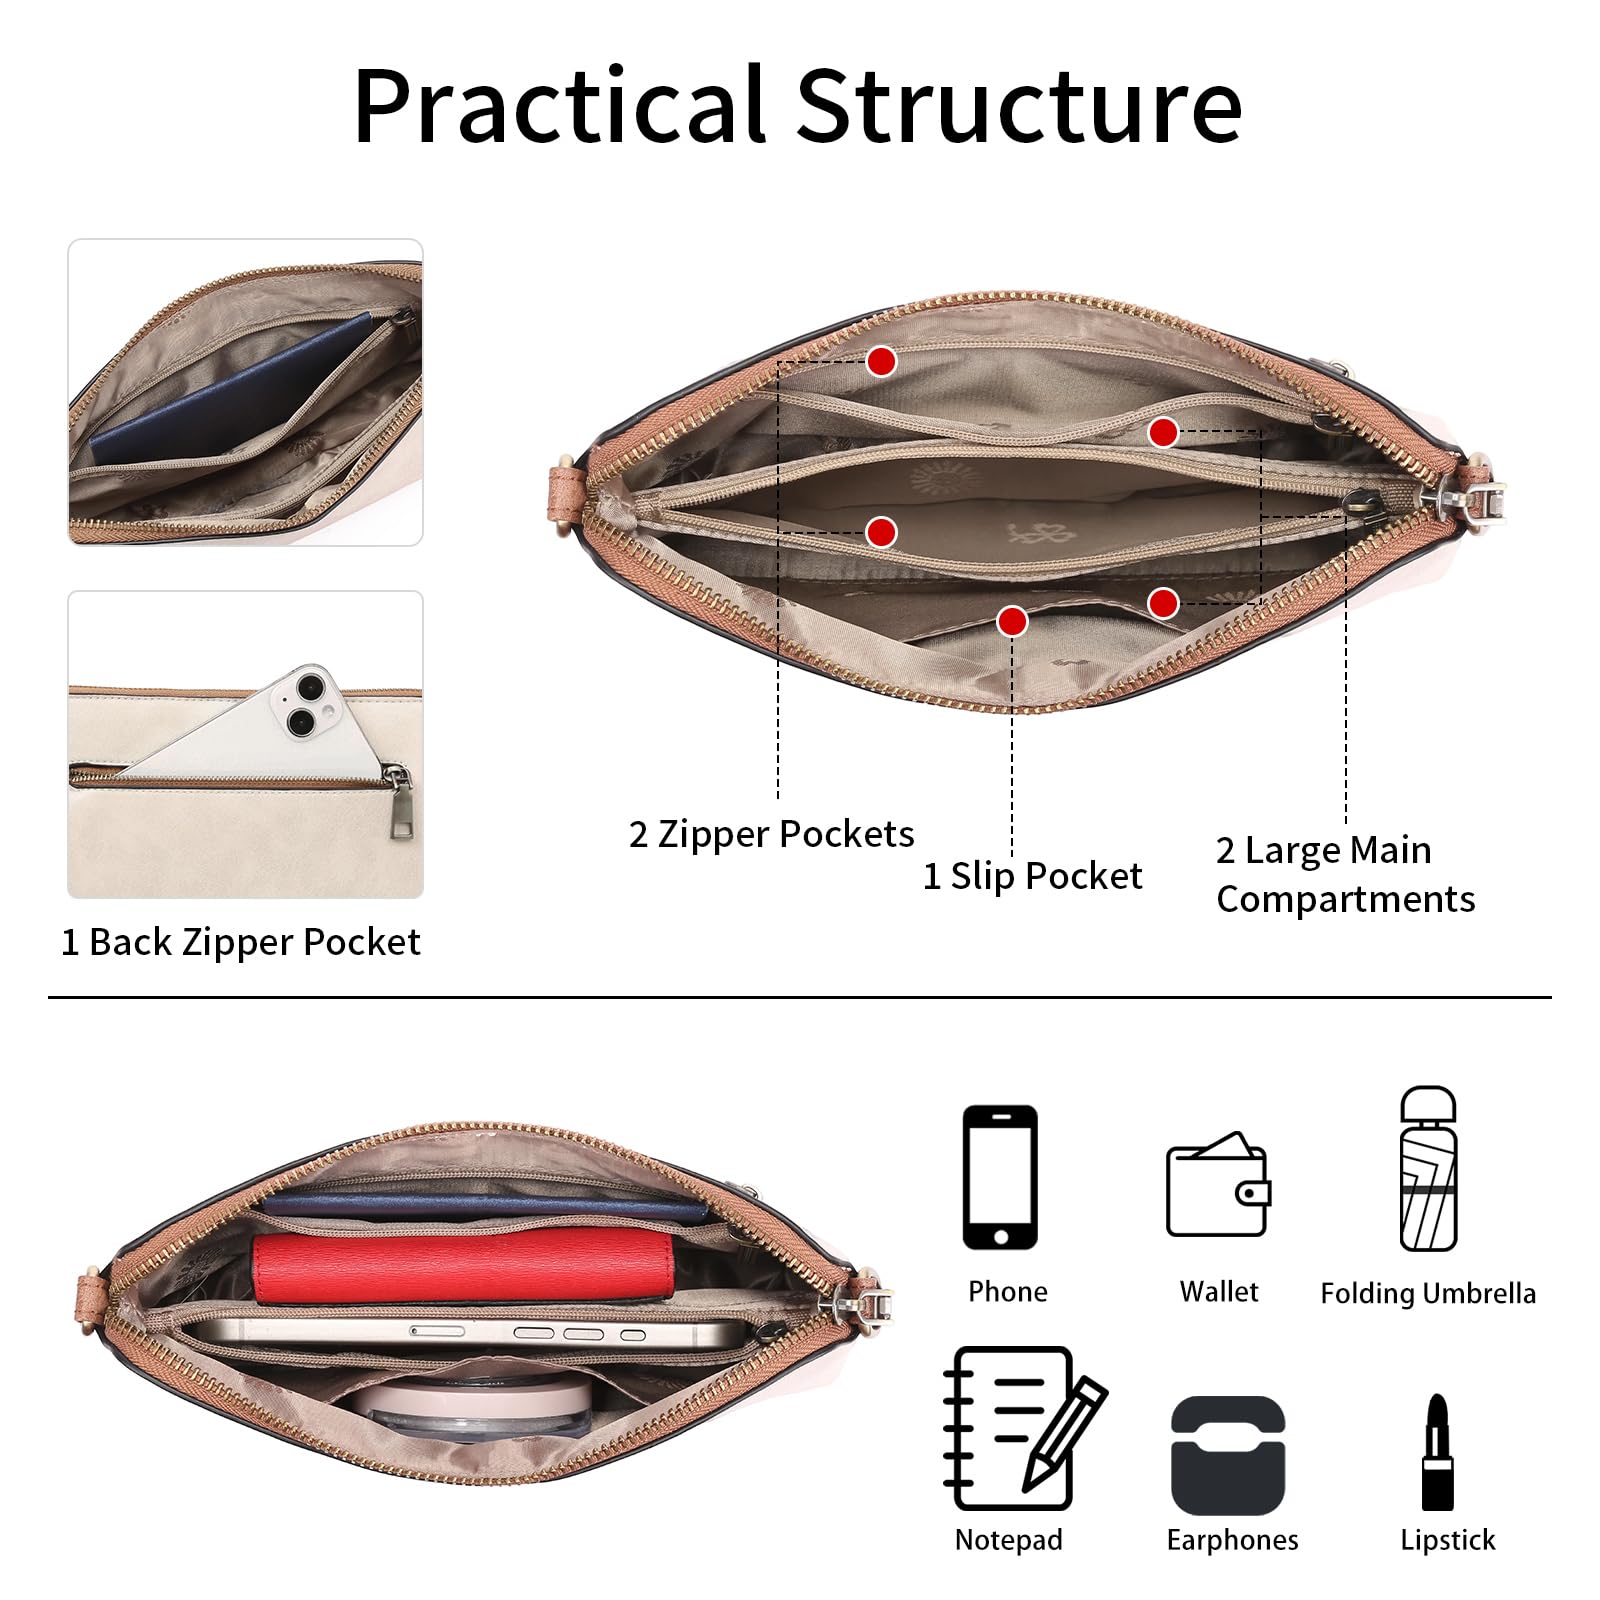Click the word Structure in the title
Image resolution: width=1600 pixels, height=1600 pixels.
(x=1019, y=105)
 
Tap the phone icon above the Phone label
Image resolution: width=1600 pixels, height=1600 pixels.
(x=1000, y=1177)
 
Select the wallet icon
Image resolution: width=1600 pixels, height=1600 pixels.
(x=1218, y=1184)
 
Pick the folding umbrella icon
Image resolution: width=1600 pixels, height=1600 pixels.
(x=1428, y=1168)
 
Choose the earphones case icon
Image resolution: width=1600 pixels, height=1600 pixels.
(x=1228, y=1455)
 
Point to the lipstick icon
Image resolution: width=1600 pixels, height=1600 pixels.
(x=1438, y=1451)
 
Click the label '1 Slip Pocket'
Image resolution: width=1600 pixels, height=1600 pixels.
(x=1032, y=876)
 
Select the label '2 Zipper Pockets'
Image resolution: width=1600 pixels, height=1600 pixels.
(x=771, y=834)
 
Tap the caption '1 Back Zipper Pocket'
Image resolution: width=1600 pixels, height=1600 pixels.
(x=240, y=942)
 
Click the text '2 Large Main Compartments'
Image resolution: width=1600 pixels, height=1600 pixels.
(x=1345, y=874)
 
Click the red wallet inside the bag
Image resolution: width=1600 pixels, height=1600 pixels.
(x=463, y=1266)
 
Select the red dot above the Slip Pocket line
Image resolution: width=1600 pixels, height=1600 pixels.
(x=1012, y=622)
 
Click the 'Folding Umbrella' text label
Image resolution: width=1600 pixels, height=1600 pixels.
(x=1427, y=1293)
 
